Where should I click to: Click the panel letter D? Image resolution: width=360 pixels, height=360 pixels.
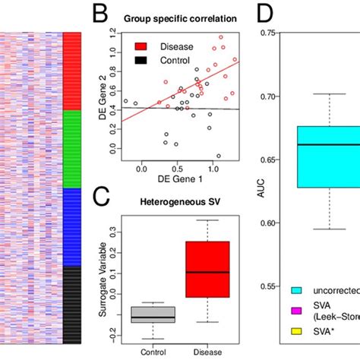pyautogui.click(x=266, y=15)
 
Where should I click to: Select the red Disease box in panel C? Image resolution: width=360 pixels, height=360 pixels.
pyautogui.click(x=207, y=270)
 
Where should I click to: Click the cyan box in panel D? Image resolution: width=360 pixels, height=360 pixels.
pyautogui.click(x=328, y=156)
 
